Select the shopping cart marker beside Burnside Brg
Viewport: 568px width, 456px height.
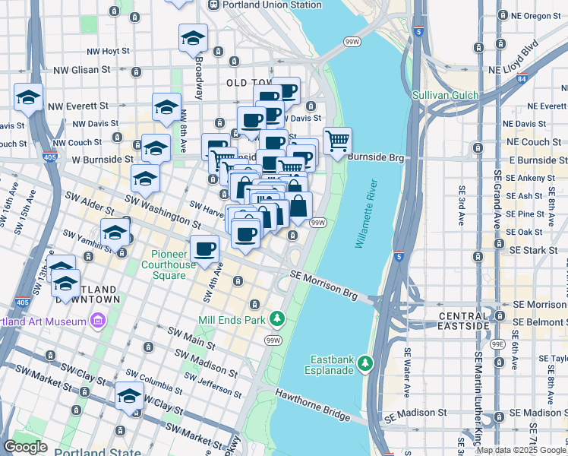(336, 140)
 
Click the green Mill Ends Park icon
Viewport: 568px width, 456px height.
(279, 317)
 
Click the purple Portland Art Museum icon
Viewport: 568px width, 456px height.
(96, 321)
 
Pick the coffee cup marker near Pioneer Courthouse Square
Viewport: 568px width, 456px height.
(204, 248)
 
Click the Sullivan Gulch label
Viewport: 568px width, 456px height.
(445, 95)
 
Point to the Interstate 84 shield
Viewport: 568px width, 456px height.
(521, 78)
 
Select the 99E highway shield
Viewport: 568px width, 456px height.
(497, 344)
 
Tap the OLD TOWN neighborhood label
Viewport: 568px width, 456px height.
(248, 82)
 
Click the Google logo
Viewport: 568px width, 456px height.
(26, 447)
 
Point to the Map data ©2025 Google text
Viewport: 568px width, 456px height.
(521, 450)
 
